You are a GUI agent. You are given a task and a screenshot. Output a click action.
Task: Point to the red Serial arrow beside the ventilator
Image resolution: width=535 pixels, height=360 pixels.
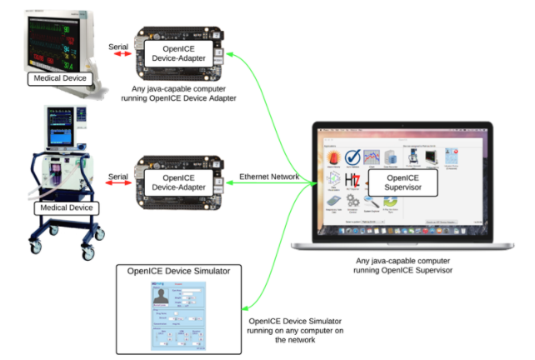click(119, 177)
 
